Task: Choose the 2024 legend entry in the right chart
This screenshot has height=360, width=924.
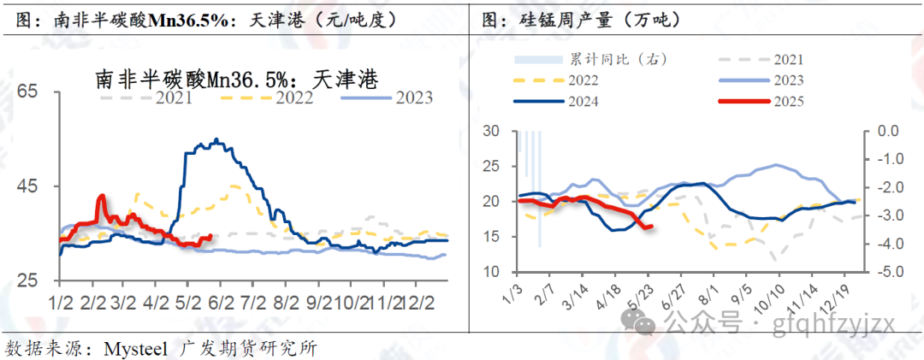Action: point(583,101)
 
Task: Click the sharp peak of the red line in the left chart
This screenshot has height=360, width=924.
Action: point(102,196)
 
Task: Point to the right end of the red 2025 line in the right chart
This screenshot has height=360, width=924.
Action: point(653,226)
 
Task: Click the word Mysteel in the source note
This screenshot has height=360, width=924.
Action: point(136,348)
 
